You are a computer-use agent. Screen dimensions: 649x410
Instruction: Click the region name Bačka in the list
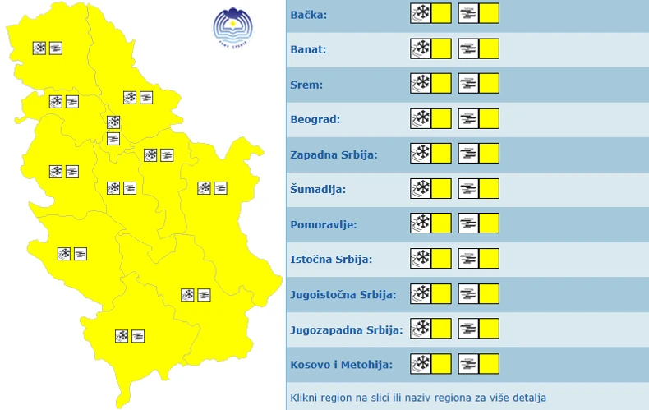[x=308, y=15]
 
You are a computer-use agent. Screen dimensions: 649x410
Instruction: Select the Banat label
[x=309, y=49]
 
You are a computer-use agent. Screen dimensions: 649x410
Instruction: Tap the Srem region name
[x=306, y=85]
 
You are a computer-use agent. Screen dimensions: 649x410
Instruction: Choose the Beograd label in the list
[x=315, y=119]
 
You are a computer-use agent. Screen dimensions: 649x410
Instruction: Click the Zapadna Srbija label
[x=334, y=154]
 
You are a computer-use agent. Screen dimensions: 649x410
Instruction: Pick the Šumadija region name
[x=318, y=189]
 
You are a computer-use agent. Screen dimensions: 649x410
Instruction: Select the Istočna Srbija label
[x=331, y=259]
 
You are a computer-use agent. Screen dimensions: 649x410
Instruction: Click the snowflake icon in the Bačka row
[x=421, y=14]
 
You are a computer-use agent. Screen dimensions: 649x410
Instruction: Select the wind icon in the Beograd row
[x=468, y=119]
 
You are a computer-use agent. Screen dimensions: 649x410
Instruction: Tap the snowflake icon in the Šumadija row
[x=421, y=189]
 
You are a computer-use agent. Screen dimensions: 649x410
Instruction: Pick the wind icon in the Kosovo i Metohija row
[x=468, y=364]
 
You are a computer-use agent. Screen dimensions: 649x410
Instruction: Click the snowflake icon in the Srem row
[x=421, y=84]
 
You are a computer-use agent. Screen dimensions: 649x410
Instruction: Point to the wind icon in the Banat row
[x=468, y=49]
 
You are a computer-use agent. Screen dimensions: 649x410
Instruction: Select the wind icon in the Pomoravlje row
[x=468, y=223]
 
